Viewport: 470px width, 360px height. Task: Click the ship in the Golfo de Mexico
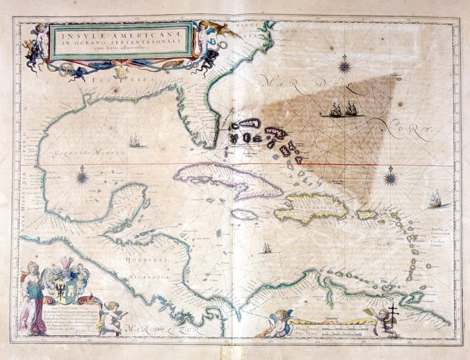[x=135, y=141]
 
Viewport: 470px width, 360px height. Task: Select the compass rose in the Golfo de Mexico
[x=83, y=177]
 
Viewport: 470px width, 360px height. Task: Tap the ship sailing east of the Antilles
[x=436, y=199]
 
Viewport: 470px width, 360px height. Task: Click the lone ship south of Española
[x=267, y=248]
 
